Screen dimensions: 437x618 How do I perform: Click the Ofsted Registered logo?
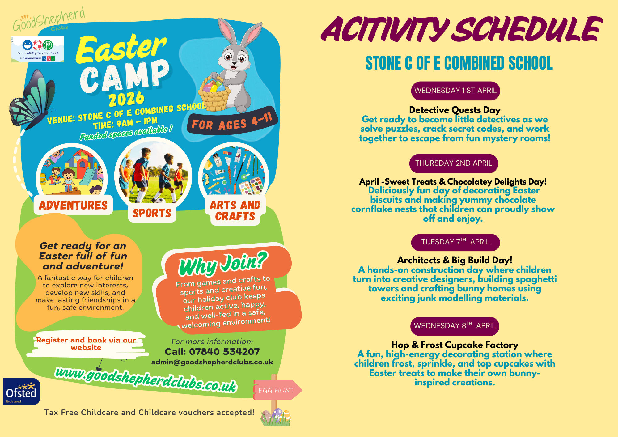tap(22, 392)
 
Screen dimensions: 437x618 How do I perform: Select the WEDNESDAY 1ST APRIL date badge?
tap(455, 91)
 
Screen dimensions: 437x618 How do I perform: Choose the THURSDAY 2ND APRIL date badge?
tap(454, 163)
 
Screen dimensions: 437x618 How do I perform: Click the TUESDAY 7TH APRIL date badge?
tap(455, 242)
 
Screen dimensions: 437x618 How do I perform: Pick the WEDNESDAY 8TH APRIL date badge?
tap(455, 326)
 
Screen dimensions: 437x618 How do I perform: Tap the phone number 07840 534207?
tap(224, 352)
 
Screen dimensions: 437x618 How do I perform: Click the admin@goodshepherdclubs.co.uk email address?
tap(212, 362)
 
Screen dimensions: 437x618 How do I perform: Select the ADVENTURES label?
tap(73, 205)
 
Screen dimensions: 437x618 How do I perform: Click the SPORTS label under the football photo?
tap(152, 213)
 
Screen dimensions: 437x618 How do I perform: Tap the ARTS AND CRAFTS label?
tap(235, 211)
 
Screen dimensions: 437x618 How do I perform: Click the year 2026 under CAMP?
tap(126, 99)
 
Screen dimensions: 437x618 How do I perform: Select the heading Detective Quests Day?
tap(455, 110)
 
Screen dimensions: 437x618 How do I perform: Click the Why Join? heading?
tap(223, 263)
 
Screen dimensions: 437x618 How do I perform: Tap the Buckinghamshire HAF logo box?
tap(38, 49)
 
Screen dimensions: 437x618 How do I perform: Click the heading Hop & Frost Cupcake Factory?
tap(455, 345)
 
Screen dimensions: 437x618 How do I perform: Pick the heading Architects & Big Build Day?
tap(455, 260)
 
